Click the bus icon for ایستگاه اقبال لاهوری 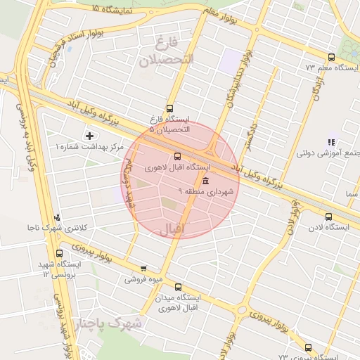coord(176,157)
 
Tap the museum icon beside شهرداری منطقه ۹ coord(205,181)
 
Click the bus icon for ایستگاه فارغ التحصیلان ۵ coord(169,109)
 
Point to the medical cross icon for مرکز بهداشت coord(89,135)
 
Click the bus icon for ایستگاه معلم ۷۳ coord(331,57)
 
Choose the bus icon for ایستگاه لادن coord(328,216)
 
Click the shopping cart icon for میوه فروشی coord(144,268)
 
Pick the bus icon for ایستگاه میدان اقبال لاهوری coord(177,287)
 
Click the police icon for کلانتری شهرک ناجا coord(57,218)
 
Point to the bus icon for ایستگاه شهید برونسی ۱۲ coord(59,253)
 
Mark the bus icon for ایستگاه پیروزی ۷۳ coord(307,347)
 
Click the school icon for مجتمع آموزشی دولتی coord(331,142)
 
